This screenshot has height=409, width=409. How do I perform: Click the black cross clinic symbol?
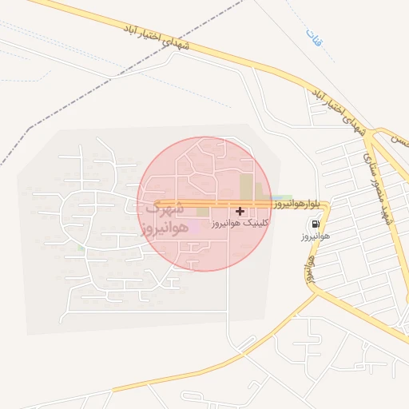(240, 211)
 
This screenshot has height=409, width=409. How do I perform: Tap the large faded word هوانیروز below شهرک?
(165, 229)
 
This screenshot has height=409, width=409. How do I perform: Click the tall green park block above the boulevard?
(246, 187)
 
